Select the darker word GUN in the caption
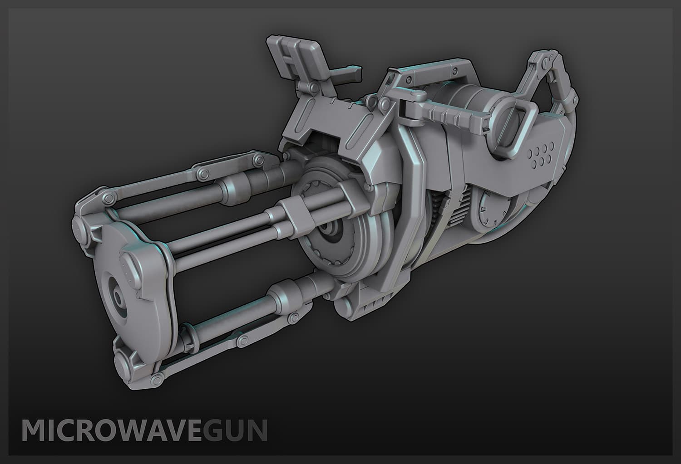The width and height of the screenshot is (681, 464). click(x=235, y=430)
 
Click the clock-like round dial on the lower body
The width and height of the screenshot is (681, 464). click(x=493, y=211)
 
